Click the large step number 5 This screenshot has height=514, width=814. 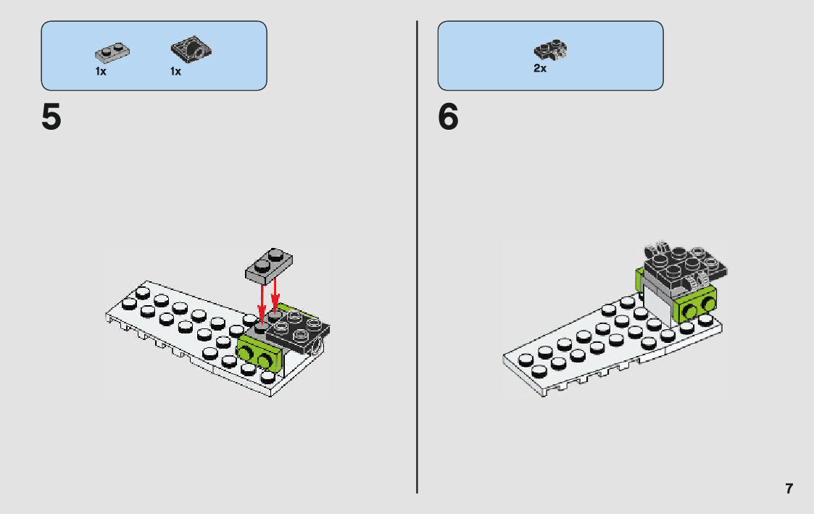point(51,118)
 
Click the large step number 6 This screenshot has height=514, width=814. point(448,118)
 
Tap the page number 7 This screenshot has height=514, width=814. point(789,489)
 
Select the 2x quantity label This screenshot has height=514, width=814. point(540,69)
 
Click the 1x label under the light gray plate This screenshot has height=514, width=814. point(101,72)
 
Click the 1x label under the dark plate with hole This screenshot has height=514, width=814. point(175,72)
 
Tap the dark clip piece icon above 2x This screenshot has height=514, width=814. point(550,50)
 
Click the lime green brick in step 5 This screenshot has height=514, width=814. point(257,356)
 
